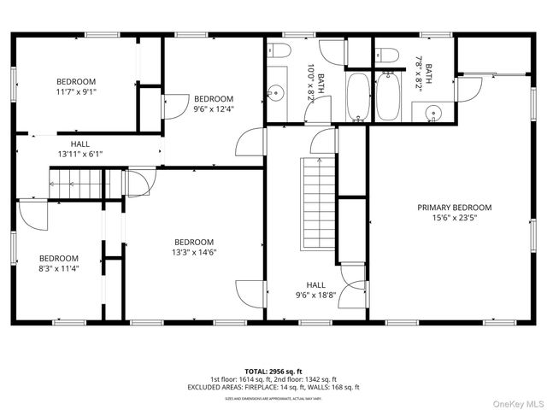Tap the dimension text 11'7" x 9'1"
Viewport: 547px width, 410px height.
coord(77,91)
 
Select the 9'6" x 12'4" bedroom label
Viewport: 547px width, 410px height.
coord(213,108)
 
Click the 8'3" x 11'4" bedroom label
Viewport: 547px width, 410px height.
coord(58,269)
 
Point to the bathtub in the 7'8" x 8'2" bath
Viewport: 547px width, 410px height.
coord(389,97)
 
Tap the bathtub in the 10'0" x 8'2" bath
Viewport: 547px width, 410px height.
coord(357,97)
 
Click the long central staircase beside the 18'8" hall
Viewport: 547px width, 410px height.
coord(314,202)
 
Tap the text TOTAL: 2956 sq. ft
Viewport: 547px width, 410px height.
coord(273,371)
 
